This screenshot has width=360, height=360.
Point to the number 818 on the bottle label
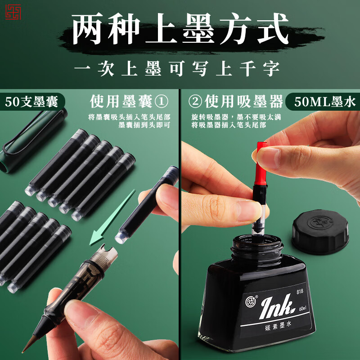tap(300, 291)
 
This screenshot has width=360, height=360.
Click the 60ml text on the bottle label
tap(302, 309)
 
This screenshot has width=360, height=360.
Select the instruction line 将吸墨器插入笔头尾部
tap(228, 125)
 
